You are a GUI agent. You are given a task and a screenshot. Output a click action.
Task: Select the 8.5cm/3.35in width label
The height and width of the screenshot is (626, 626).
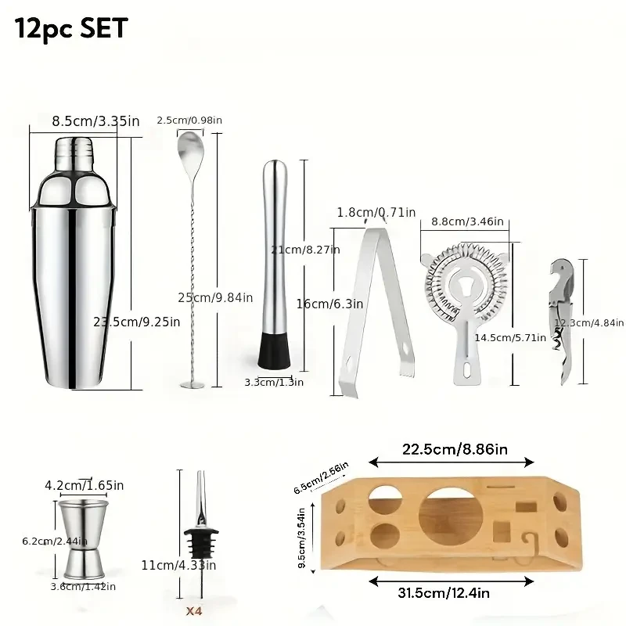[95, 121]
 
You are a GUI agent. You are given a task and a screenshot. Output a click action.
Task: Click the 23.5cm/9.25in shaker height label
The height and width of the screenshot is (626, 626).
[138, 321]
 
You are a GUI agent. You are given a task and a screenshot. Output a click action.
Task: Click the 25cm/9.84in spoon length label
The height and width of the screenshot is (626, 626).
[213, 297]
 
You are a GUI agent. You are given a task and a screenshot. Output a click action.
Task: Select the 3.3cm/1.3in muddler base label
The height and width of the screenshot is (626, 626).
[274, 382]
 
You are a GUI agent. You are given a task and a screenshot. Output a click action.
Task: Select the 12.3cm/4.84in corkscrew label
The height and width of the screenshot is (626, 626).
[588, 322]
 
